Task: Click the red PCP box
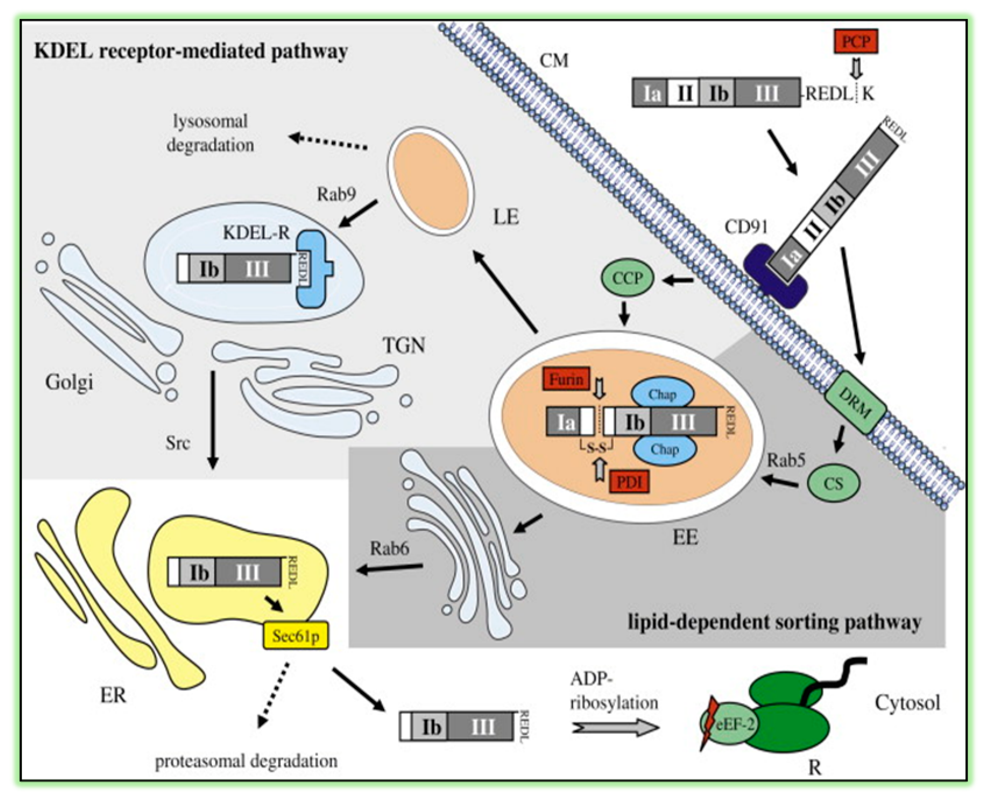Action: click(856, 42)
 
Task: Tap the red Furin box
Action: click(566, 380)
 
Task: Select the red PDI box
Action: click(629, 482)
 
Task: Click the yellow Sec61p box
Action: click(296, 635)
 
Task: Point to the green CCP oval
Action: click(628, 278)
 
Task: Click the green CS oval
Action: click(833, 484)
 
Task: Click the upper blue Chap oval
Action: click(662, 395)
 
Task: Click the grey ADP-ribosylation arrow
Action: click(615, 727)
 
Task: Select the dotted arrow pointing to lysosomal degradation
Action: click(327, 141)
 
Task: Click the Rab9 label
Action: click(336, 194)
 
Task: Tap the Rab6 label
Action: click(389, 549)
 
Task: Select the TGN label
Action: click(404, 345)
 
